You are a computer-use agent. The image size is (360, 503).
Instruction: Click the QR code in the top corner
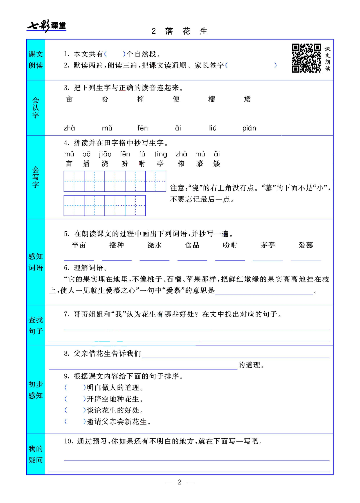click(x=306, y=58)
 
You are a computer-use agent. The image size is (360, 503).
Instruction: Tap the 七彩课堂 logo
click(x=47, y=26)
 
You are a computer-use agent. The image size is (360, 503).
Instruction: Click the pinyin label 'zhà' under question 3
click(x=69, y=128)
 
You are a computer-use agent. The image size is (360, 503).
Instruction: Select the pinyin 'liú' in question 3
click(x=213, y=128)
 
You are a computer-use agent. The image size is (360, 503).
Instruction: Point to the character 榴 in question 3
click(x=212, y=99)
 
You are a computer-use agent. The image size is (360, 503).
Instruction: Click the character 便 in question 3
click(x=176, y=99)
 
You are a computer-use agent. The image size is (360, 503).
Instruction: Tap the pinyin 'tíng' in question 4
click(x=160, y=154)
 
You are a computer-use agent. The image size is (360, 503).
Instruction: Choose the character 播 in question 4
click(x=86, y=164)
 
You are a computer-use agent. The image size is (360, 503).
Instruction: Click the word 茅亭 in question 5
click(x=268, y=245)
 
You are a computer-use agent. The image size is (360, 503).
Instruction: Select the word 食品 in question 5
click(x=192, y=245)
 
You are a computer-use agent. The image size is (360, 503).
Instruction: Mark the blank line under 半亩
click(x=79, y=260)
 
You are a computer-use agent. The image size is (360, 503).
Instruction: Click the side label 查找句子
click(x=36, y=326)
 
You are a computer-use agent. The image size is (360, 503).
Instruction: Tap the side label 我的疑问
click(x=36, y=454)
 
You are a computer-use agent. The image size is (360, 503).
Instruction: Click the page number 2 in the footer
click(x=180, y=482)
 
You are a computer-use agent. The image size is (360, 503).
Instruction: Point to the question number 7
click(x=66, y=314)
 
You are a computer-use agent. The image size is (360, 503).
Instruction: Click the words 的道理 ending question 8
click(x=249, y=365)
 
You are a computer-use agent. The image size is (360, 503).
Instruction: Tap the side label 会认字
click(x=36, y=108)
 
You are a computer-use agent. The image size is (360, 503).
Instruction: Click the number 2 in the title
click(x=154, y=31)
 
